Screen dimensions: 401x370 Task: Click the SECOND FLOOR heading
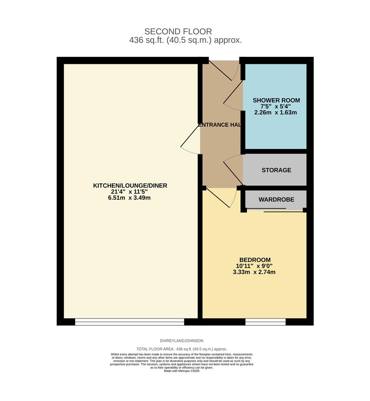178,32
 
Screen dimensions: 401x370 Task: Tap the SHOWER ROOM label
276,100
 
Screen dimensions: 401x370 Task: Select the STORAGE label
276,170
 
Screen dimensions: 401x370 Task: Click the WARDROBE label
276,199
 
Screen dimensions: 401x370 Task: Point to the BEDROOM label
255,260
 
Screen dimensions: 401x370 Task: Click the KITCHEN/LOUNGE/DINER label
130,186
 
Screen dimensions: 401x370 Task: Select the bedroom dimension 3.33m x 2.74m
255,272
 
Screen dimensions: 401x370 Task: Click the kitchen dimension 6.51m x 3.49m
130,198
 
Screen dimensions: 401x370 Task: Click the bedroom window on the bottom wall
265,322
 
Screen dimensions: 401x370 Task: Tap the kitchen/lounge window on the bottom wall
129,322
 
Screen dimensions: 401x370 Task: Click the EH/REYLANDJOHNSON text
181,341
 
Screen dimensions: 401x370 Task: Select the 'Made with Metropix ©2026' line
181,371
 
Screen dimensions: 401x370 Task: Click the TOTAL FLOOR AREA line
181,349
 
